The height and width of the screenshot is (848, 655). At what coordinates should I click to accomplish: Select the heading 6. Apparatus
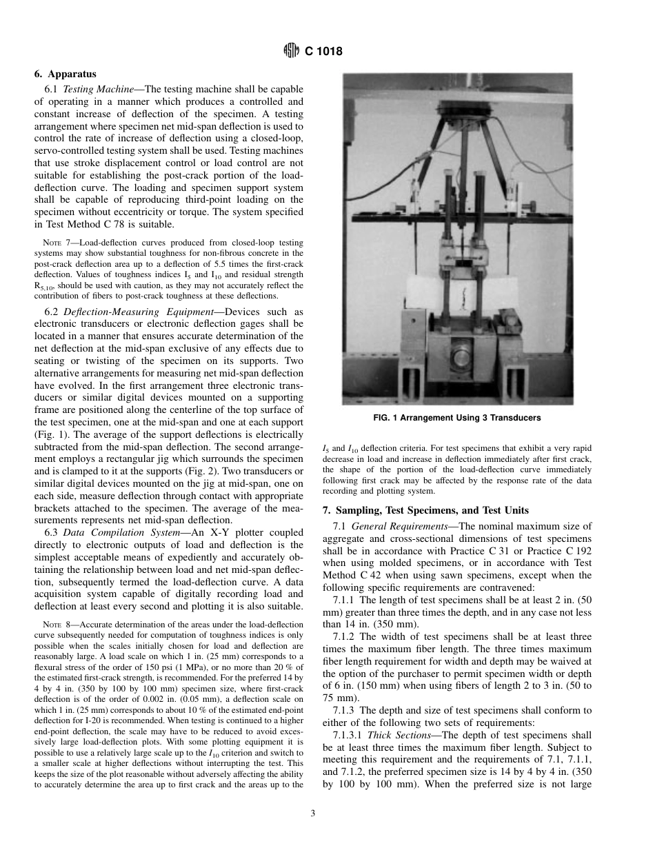[65, 74]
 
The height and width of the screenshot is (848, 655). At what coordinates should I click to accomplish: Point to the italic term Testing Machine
[100, 89]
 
